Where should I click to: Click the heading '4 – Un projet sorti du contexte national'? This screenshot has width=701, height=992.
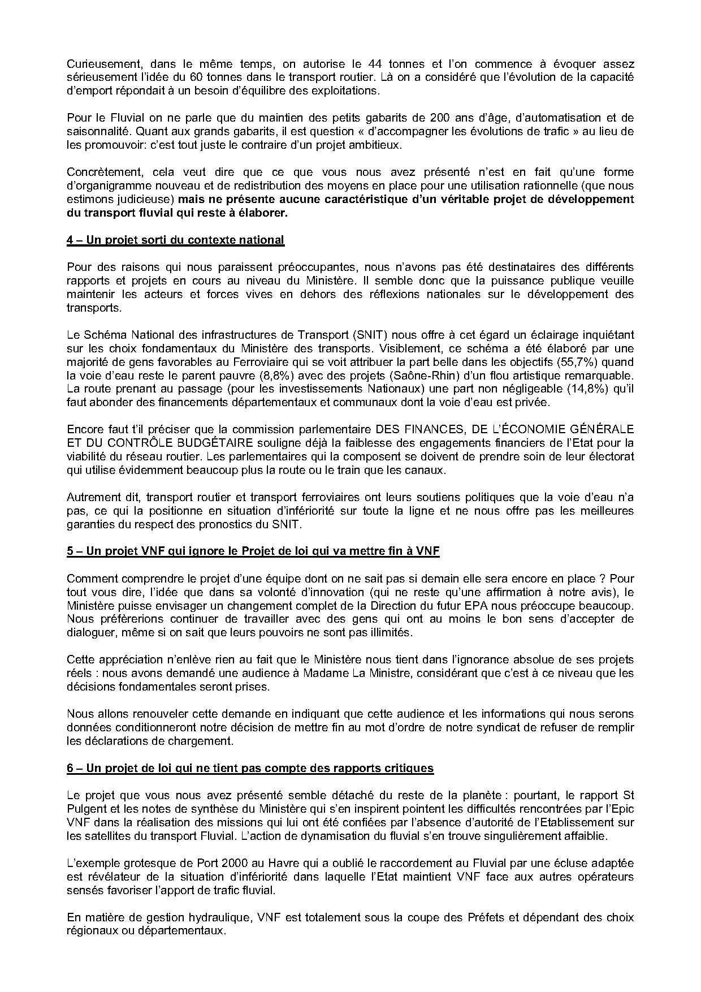[175, 240]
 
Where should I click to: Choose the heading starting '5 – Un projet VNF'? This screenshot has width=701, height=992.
[253, 551]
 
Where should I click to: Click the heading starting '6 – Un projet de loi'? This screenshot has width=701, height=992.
[250, 768]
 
